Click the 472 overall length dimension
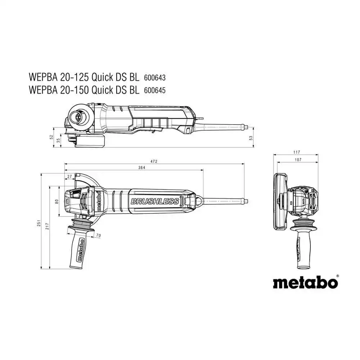(154, 161)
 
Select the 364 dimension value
(141, 168)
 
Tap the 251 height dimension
(39, 223)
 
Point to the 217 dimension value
(47, 226)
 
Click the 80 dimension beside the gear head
(57, 201)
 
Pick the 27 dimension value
(69, 176)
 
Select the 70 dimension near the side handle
(98, 235)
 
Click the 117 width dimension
(297, 152)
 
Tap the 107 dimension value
(298, 159)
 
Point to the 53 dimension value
(251, 138)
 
